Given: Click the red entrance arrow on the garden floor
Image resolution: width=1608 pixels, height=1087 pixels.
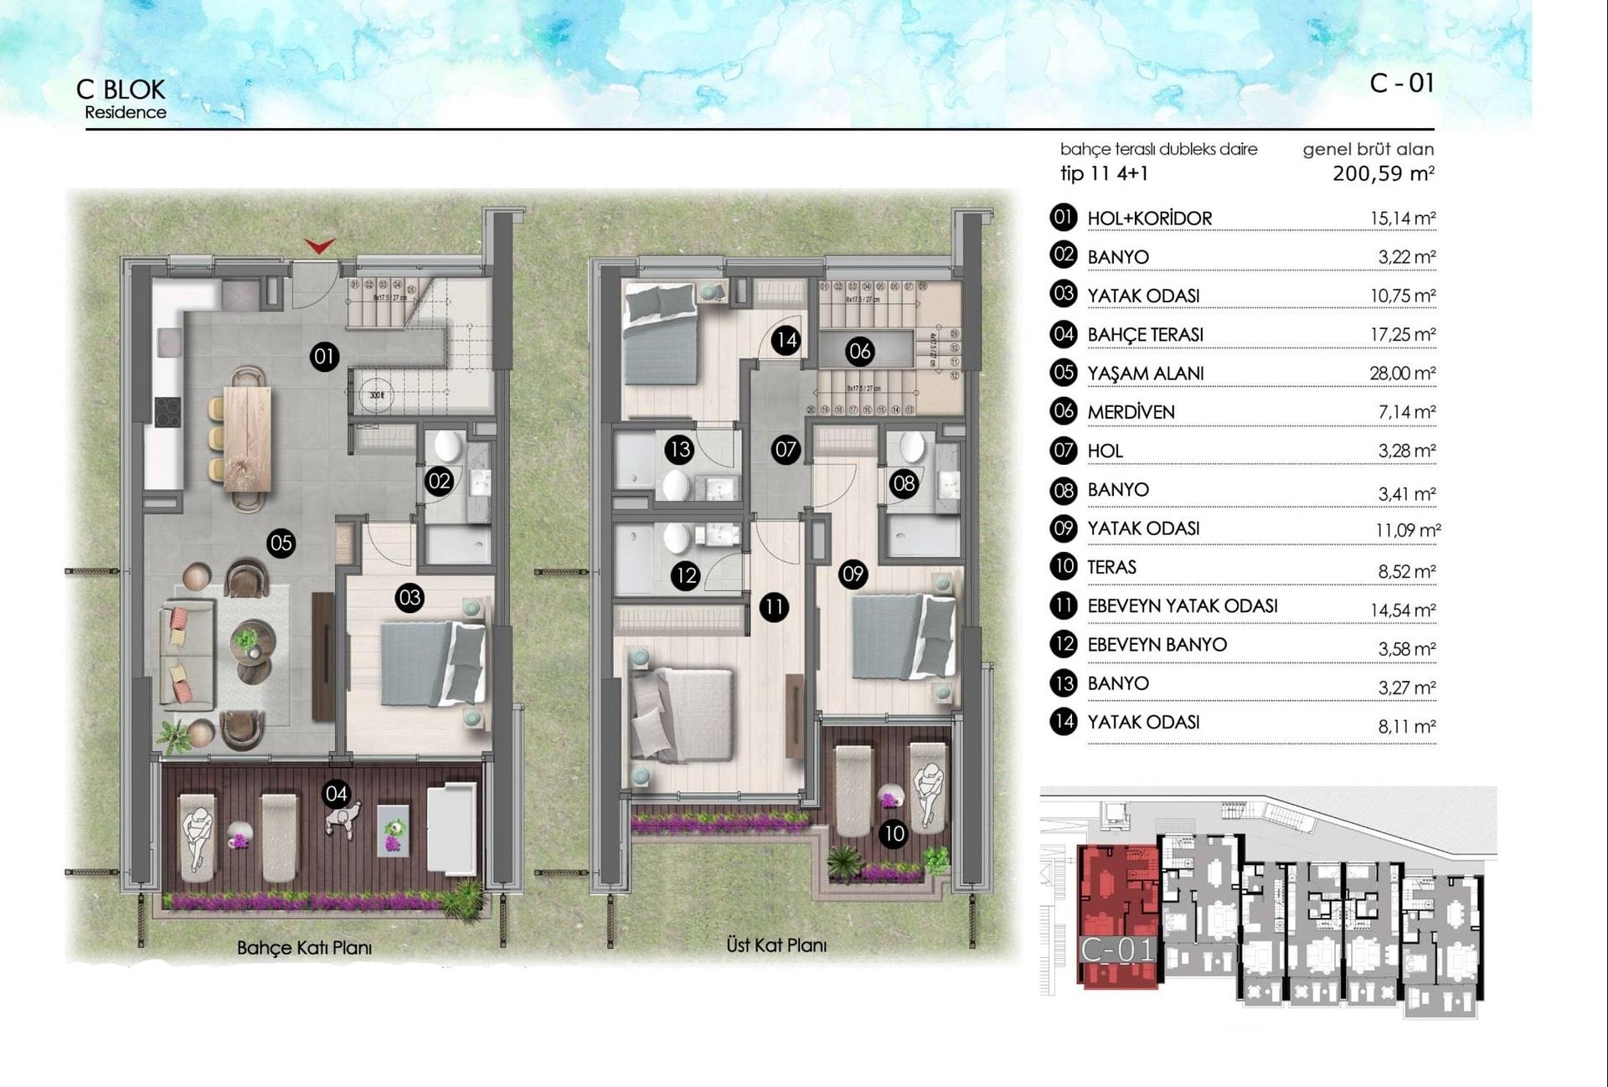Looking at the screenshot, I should [319, 245].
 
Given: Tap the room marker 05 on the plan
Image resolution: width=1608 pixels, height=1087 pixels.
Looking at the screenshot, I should [281, 543].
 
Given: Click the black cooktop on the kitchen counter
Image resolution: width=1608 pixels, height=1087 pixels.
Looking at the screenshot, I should [167, 411].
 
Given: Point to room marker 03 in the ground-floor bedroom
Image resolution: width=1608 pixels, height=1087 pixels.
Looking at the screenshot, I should [410, 598].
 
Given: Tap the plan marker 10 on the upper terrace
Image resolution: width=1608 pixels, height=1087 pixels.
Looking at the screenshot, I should [894, 834].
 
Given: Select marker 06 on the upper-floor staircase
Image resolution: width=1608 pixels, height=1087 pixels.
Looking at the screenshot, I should [860, 352].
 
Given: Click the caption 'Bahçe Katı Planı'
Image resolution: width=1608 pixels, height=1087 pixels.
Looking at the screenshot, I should [304, 948].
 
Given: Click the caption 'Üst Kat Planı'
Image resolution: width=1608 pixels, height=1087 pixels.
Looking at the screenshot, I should [776, 945].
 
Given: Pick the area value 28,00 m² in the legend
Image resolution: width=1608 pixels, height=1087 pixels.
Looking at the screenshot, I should [1402, 373].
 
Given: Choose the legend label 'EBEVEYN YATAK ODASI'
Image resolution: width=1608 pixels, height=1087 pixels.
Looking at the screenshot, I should [1183, 606].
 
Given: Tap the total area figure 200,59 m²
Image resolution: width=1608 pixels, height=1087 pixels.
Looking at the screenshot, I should [1383, 174].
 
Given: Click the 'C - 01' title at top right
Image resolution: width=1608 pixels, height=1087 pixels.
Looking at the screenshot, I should [1402, 83].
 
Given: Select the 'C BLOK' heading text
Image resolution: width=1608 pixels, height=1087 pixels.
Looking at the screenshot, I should [121, 90].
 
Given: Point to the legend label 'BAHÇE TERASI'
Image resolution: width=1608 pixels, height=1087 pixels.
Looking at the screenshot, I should [1145, 335].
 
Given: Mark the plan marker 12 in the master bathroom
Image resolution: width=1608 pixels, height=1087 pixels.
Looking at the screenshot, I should [686, 575].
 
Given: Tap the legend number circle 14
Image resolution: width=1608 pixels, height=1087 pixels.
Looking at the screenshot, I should [1064, 722].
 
